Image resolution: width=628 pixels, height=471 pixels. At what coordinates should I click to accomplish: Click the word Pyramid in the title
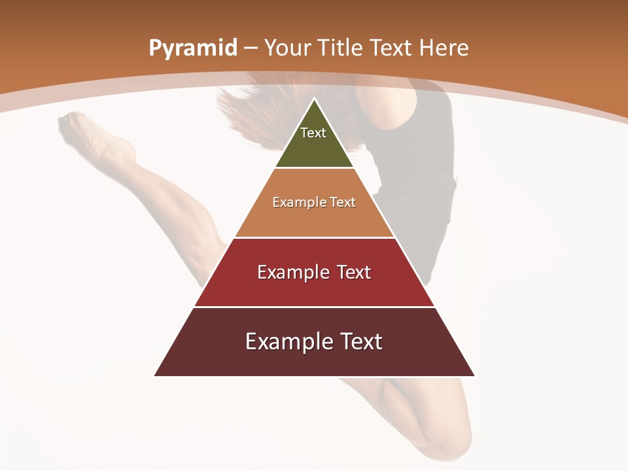[192, 48]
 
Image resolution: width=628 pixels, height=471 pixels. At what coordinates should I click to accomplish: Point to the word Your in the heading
[286, 48]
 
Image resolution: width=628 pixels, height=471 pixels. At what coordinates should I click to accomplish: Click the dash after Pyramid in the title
[251, 48]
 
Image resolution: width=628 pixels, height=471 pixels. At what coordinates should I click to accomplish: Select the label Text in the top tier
[313, 133]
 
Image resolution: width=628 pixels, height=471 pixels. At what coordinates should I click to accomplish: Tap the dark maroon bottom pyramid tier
[314, 360]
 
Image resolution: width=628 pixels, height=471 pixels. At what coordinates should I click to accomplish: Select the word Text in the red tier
[354, 272]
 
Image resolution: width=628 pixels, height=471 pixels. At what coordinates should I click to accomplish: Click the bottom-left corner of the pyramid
[155, 375]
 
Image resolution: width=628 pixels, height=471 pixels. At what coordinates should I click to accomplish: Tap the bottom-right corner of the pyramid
[474, 375]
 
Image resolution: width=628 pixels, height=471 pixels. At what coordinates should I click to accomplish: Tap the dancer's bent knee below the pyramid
[445, 438]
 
